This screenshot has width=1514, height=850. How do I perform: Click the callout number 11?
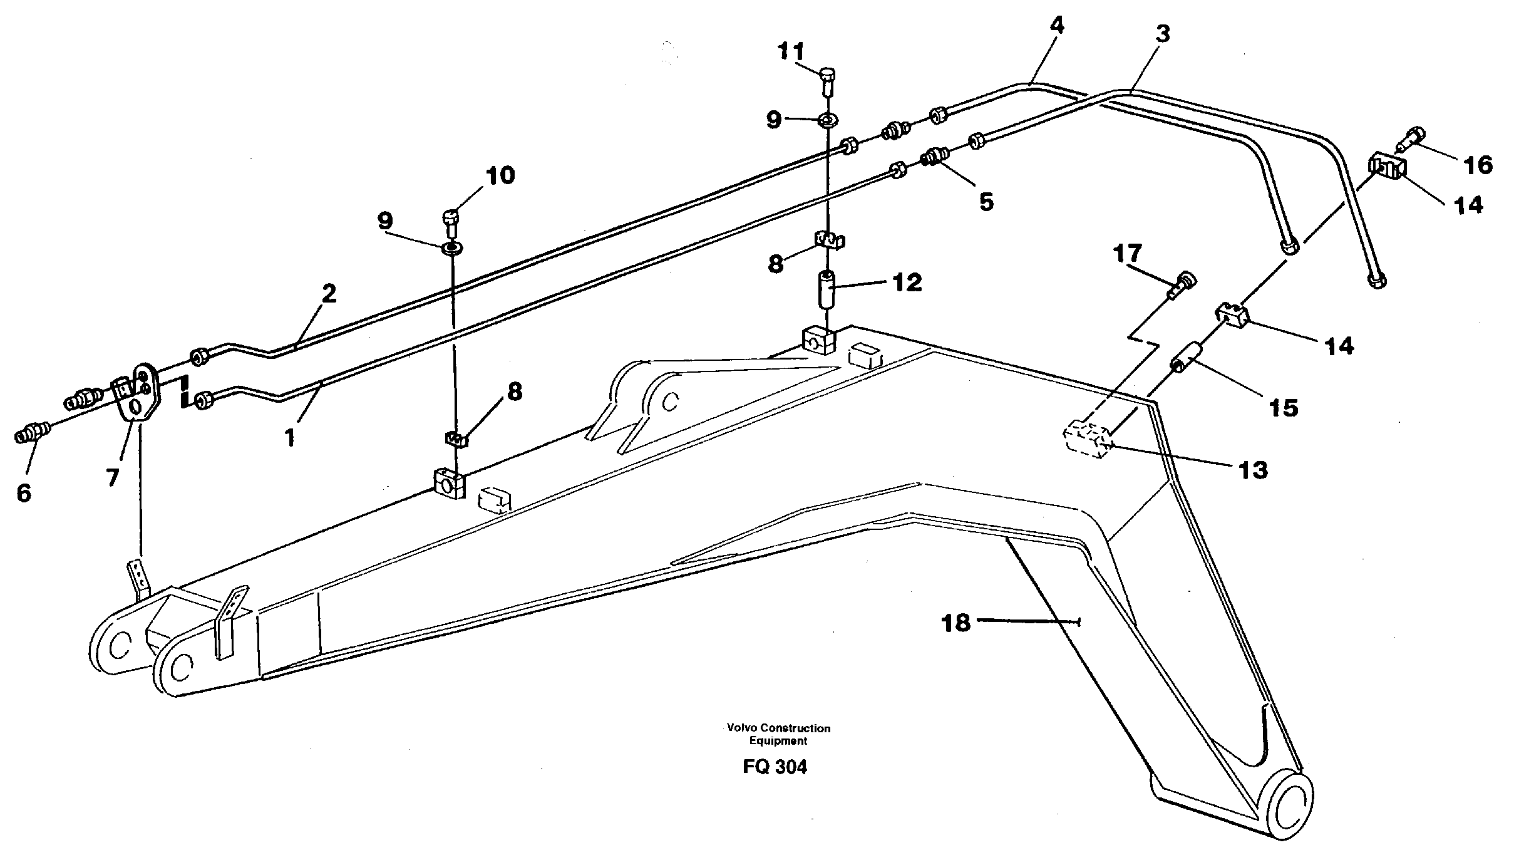point(791,52)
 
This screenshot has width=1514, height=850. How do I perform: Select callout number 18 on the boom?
point(956,623)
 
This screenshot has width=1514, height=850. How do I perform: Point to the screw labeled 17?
point(1182,285)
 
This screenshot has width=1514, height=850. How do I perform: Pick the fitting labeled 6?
point(32,433)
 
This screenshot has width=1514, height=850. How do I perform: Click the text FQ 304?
point(775,767)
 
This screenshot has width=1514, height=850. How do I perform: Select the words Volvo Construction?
point(778,728)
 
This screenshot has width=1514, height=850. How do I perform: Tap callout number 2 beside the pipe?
point(329,294)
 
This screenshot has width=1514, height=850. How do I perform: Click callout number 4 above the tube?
point(1056,26)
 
